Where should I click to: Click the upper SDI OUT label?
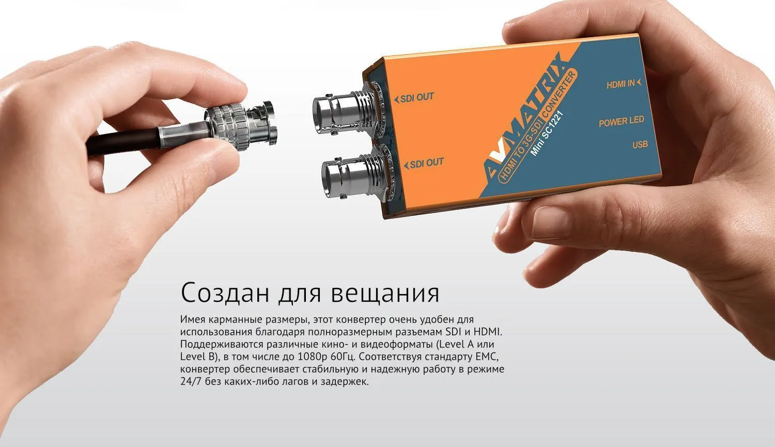(414, 98)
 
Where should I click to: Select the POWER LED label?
(622, 122)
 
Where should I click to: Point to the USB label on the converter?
(640, 144)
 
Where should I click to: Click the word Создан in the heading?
(225, 292)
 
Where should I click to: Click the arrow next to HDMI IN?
(639, 82)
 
